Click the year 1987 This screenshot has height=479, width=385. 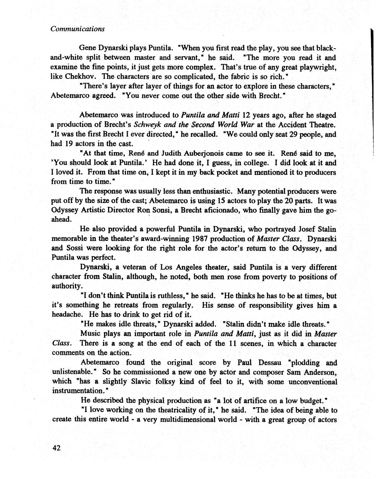click(200, 239)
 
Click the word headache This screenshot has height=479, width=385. click(67, 314)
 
